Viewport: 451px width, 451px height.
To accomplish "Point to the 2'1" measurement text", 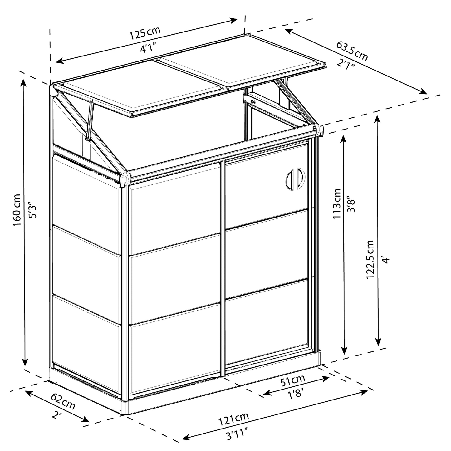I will pyautogui.click(x=346, y=65).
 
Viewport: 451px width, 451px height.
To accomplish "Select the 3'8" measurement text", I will pyautogui.click(x=352, y=203).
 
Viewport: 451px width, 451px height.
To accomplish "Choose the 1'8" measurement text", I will pyautogui.click(x=296, y=395).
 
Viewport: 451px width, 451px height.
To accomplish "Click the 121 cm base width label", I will pyautogui.click(x=233, y=418).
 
